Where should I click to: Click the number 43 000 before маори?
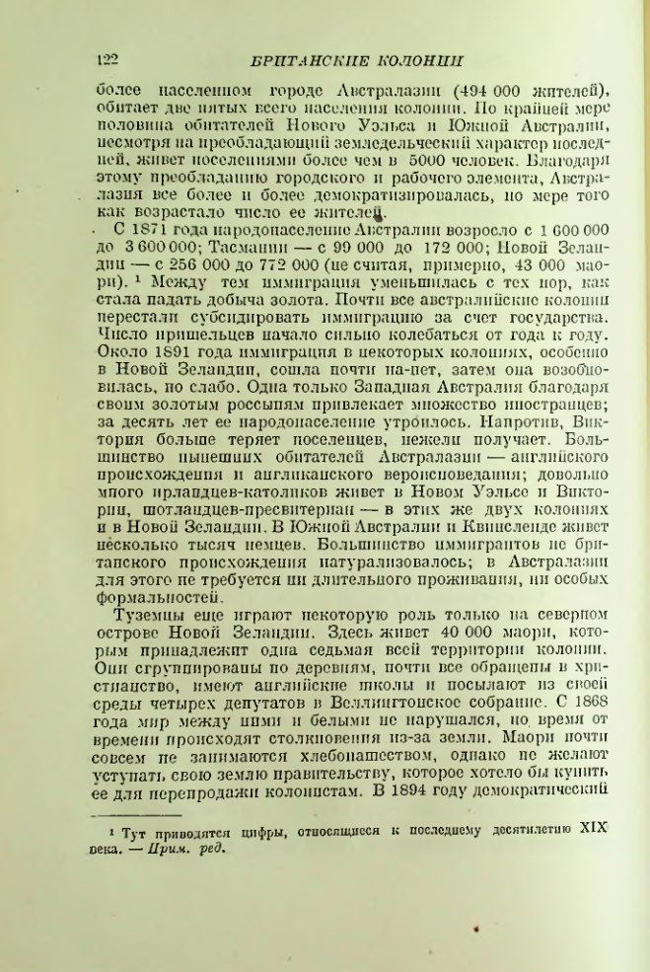coord(534,263)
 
